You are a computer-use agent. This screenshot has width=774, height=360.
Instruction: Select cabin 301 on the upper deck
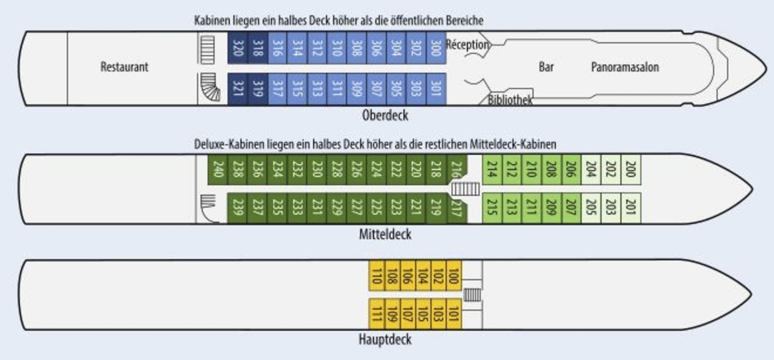click(x=435, y=88)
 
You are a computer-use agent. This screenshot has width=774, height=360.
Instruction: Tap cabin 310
click(x=336, y=48)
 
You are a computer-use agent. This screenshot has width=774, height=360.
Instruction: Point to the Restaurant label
click(x=124, y=67)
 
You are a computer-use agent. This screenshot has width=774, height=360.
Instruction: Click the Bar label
click(x=546, y=66)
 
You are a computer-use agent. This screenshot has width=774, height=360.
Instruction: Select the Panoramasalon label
click(x=625, y=67)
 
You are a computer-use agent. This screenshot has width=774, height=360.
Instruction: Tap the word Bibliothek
click(x=510, y=101)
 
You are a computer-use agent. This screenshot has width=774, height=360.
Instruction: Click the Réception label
click(x=468, y=45)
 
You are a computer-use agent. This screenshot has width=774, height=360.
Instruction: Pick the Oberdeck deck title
click(x=386, y=115)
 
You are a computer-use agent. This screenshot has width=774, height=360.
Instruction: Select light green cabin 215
click(x=491, y=207)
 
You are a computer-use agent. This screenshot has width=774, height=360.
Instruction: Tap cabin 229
click(x=336, y=207)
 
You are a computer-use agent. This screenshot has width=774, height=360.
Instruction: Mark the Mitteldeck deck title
click(x=385, y=234)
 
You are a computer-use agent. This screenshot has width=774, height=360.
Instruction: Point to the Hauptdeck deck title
click(x=385, y=339)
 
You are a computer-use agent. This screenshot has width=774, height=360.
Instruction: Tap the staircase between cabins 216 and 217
click(x=464, y=189)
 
